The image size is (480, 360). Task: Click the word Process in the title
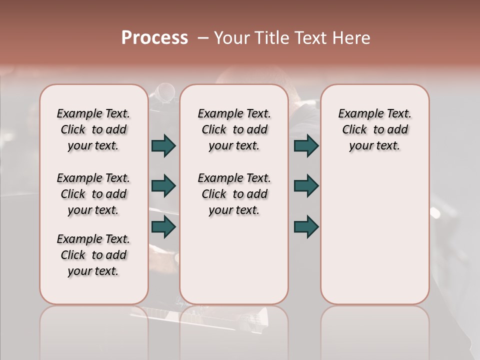[154, 38]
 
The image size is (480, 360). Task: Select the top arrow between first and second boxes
[164, 146]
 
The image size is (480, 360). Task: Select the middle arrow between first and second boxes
[164, 186]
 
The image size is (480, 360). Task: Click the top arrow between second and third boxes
[306, 146]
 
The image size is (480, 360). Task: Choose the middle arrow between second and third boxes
[306, 186]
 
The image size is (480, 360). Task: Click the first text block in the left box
[93, 129]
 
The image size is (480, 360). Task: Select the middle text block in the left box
[93, 194]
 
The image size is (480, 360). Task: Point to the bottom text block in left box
[93, 255]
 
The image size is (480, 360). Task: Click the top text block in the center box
[234, 129]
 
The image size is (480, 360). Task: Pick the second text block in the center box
[234, 194]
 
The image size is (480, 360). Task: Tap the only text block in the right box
[374, 129]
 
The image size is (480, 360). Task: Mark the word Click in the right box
[354, 130]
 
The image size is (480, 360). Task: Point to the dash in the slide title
[203, 38]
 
